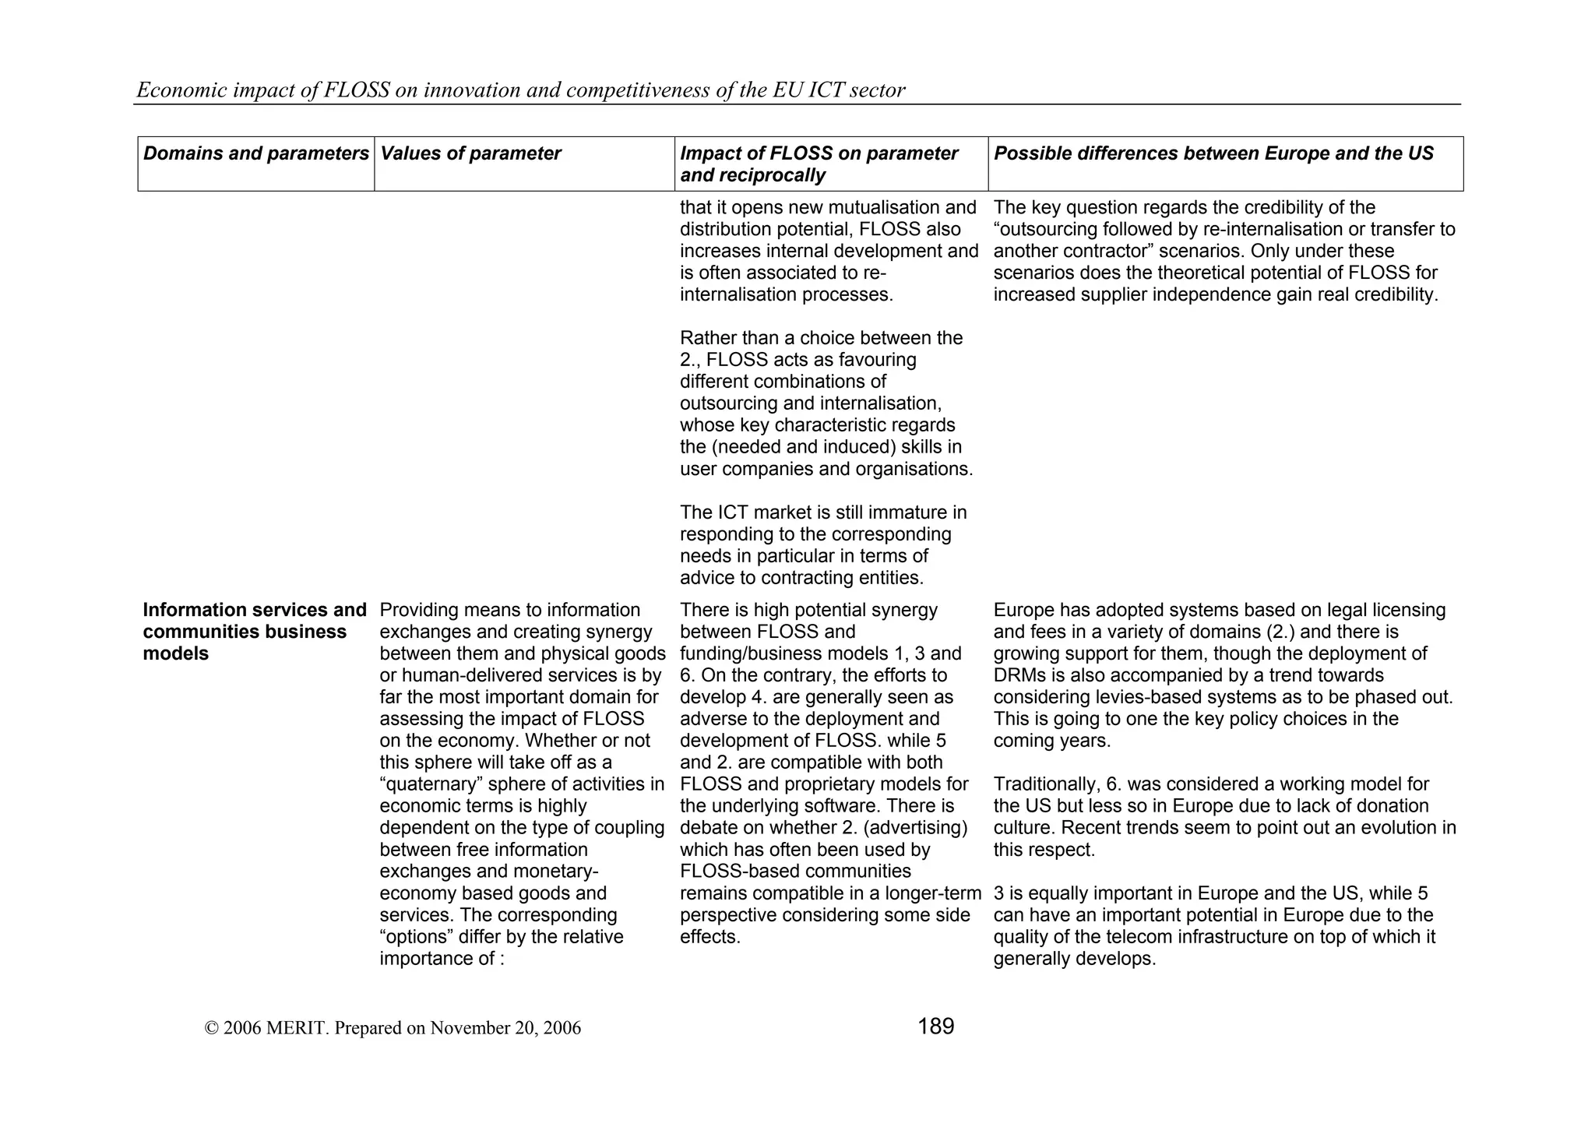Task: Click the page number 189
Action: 935,1027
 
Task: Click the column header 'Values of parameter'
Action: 470,153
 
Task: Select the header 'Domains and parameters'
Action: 255,153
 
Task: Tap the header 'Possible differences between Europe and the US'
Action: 1213,153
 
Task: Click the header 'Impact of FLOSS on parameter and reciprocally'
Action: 819,164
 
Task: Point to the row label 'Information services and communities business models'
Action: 254,632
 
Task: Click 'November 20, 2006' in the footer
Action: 505,1028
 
